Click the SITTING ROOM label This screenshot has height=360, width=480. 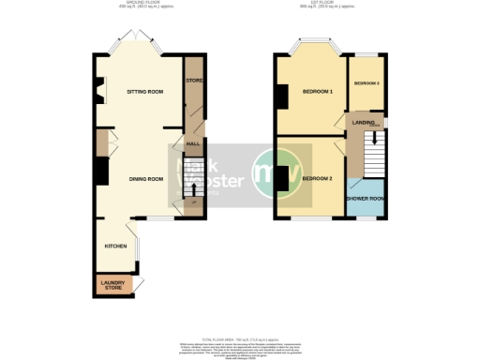[145, 92]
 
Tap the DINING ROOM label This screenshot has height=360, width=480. [145, 178]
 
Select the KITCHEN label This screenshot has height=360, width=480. [115, 246]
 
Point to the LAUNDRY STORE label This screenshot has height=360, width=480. [113, 284]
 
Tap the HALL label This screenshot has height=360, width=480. [193, 143]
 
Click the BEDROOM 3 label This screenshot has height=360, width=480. [366, 83]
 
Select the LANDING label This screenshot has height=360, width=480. [365, 122]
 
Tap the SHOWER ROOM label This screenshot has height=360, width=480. [365, 199]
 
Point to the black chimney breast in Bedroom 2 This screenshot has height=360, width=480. [280, 179]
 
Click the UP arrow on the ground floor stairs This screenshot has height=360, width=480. [193, 199]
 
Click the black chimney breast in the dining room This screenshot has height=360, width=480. [97, 170]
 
